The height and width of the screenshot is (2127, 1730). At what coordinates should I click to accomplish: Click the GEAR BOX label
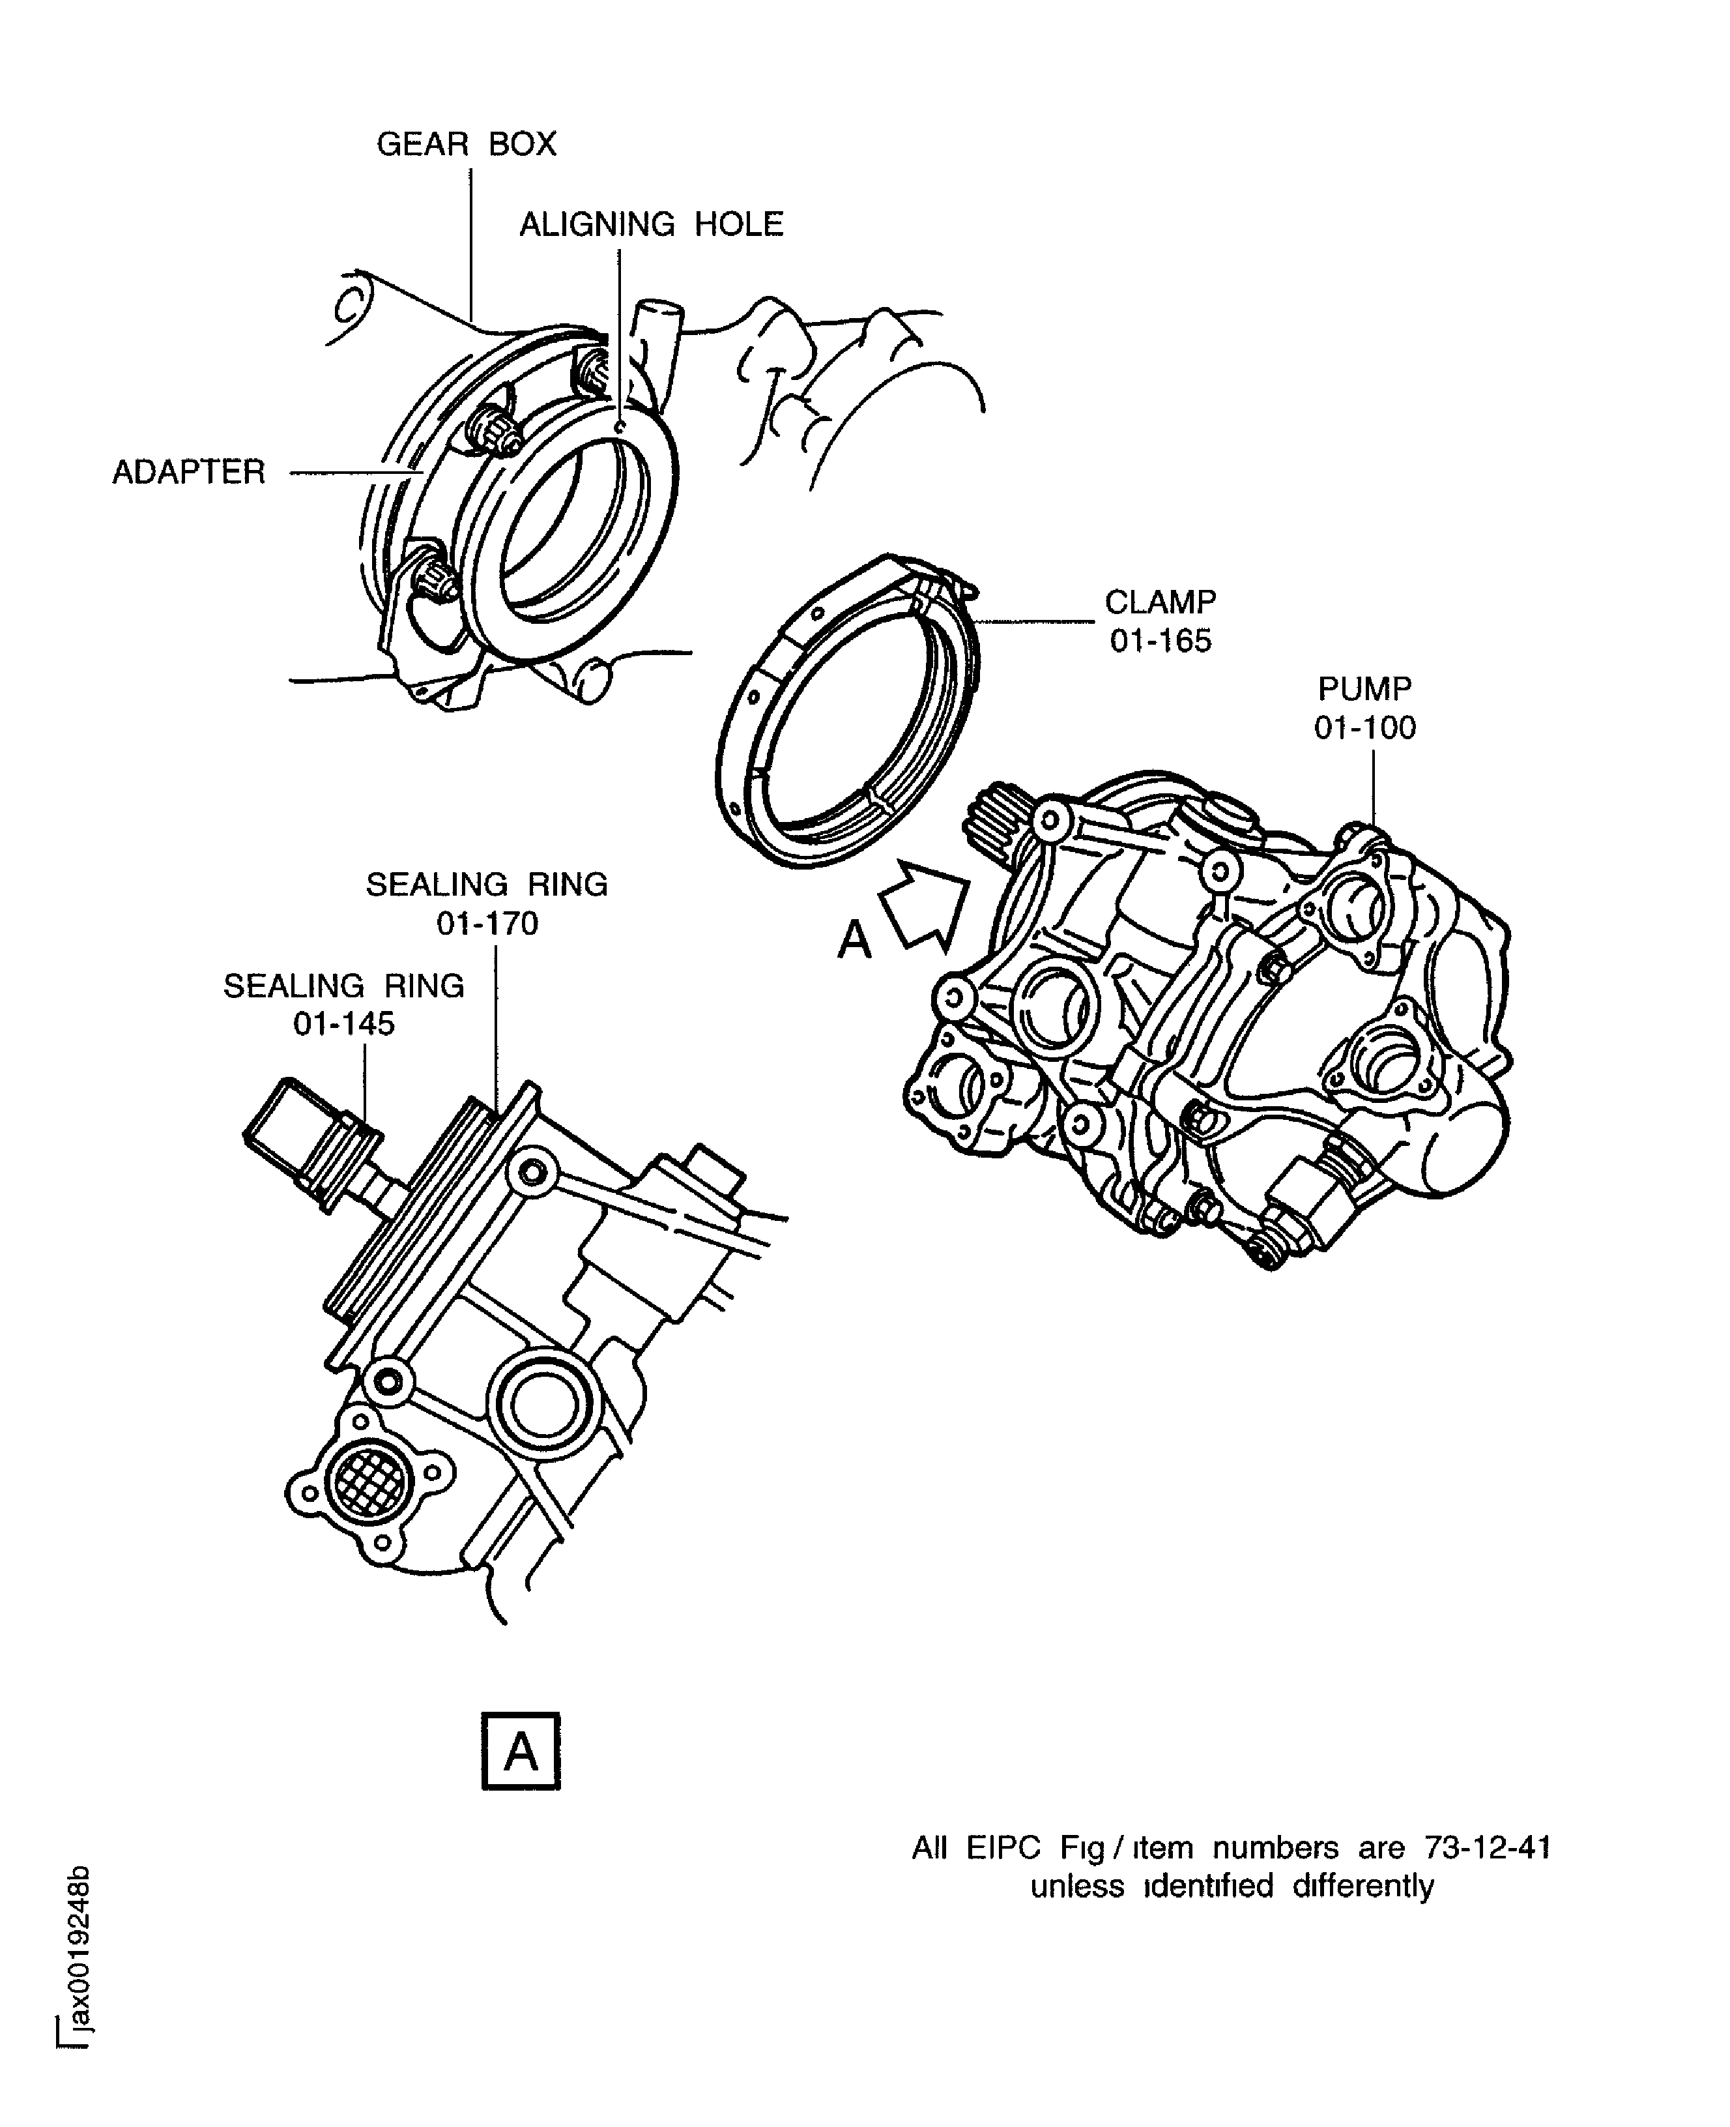[467, 145]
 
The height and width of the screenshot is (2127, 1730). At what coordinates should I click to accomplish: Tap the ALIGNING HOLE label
[652, 224]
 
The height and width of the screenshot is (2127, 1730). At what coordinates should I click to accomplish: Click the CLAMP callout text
[1160, 602]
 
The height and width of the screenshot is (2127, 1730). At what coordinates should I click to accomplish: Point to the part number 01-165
[1161, 641]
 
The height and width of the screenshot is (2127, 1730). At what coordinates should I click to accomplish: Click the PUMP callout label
[1365, 689]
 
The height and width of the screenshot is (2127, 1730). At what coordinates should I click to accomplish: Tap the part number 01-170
[487, 923]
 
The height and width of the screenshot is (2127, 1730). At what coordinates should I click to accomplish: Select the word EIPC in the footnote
[1003, 1848]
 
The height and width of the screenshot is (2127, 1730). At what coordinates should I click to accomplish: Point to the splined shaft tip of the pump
[992, 816]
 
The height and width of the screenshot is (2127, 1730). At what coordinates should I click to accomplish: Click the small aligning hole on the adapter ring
[620, 426]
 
